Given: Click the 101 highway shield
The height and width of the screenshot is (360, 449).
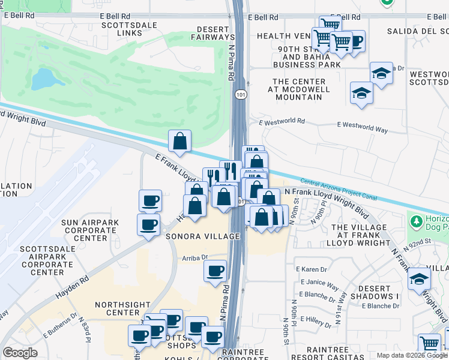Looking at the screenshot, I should click(241, 95).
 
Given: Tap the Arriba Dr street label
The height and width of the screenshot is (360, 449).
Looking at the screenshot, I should click(195, 258).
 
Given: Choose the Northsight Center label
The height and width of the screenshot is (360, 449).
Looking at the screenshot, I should click(127, 308).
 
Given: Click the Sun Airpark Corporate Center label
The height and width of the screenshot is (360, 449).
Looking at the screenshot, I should click(90, 230).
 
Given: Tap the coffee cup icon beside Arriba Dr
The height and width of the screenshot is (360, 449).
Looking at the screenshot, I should click(214, 271).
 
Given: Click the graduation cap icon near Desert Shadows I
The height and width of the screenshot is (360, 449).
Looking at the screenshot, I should click(419, 279).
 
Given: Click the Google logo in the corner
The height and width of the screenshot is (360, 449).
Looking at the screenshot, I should click(20, 353).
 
